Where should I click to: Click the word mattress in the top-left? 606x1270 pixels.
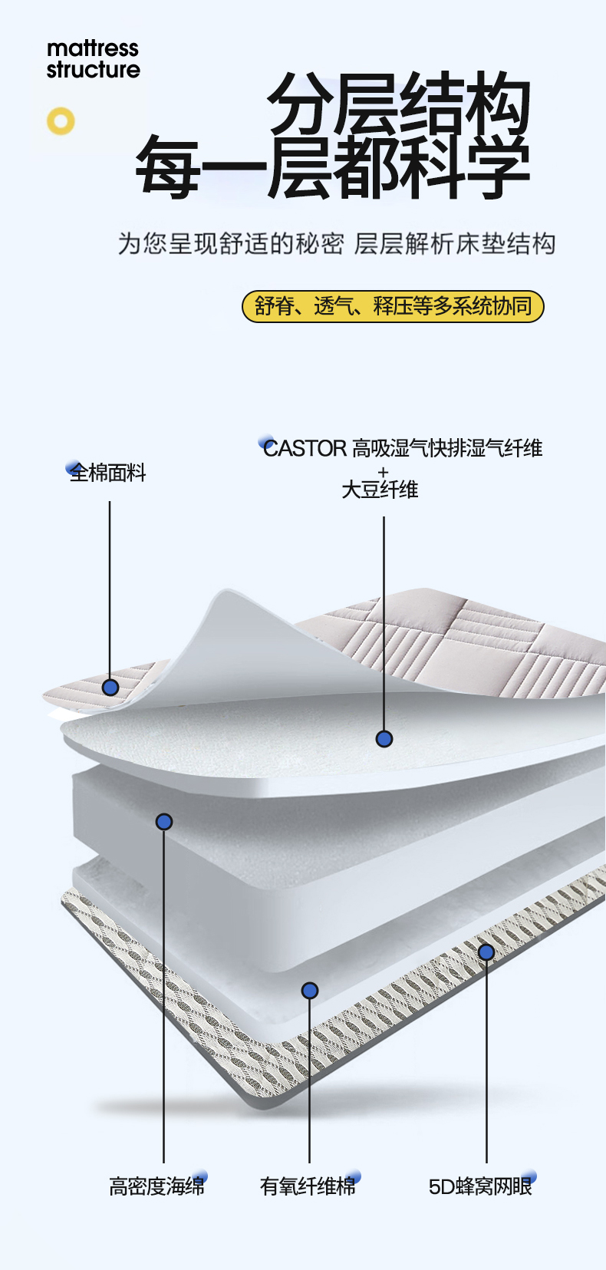(92, 48)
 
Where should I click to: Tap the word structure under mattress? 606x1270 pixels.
(93, 70)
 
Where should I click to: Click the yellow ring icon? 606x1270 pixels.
(61, 121)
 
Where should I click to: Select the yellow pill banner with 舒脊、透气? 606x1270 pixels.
(393, 306)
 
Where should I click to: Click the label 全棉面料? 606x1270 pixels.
(108, 473)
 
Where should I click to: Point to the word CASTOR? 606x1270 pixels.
(305, 448)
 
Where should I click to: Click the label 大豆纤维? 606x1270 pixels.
(380, 490)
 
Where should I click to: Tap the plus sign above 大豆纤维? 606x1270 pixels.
(384, 471)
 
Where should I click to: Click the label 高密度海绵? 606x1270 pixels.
(156, 1186)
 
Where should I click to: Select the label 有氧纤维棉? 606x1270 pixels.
(308, 1186)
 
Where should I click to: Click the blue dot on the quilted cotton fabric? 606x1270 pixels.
(110, 687)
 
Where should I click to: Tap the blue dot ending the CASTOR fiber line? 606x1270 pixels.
(384, 739)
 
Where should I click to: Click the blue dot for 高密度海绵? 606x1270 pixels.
(163, 822)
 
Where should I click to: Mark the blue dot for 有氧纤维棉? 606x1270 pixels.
(310, 991)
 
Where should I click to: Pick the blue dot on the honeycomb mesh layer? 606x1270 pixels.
(486, 952)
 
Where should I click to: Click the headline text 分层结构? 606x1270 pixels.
(399, 105)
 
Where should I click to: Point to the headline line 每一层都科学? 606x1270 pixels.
(332, 167)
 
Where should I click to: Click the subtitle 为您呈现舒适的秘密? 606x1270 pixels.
(230, 244)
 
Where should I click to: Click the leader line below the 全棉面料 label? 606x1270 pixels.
(110, 583)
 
